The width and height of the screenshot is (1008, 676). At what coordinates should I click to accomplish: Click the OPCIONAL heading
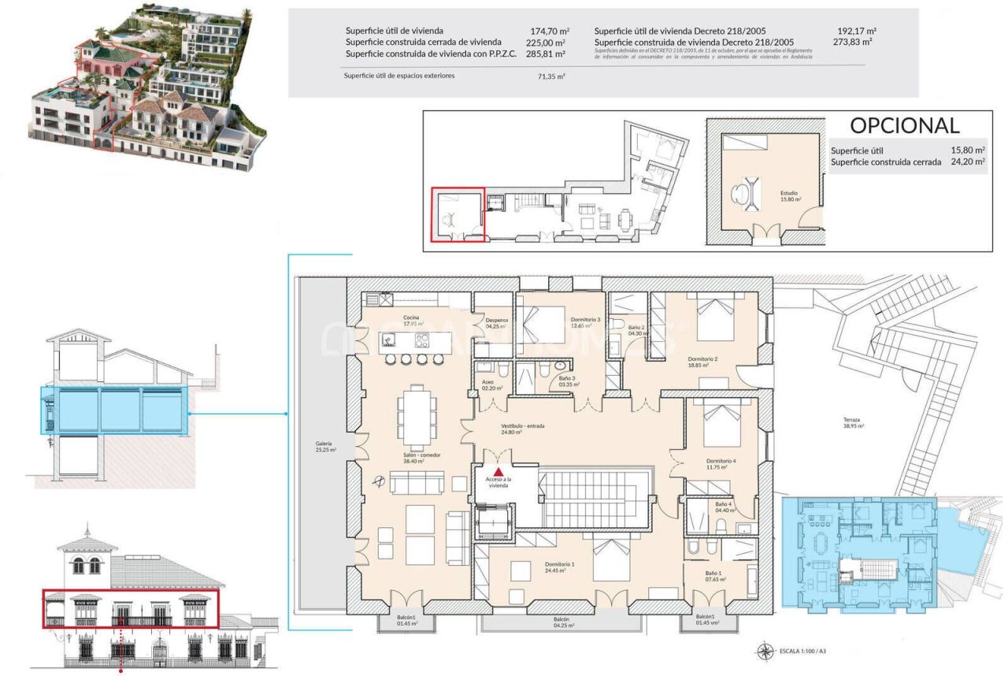click(904, 125)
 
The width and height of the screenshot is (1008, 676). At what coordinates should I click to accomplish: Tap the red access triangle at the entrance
click(498, 471)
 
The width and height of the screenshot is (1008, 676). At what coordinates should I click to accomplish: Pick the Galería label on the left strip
click(324, 447)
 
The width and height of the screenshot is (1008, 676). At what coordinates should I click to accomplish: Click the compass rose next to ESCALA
click(763, 652)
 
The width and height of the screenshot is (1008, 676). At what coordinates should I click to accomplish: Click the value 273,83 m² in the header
click(854, 42)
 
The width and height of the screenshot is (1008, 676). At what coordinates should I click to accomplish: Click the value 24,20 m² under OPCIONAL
click(968, 162)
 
